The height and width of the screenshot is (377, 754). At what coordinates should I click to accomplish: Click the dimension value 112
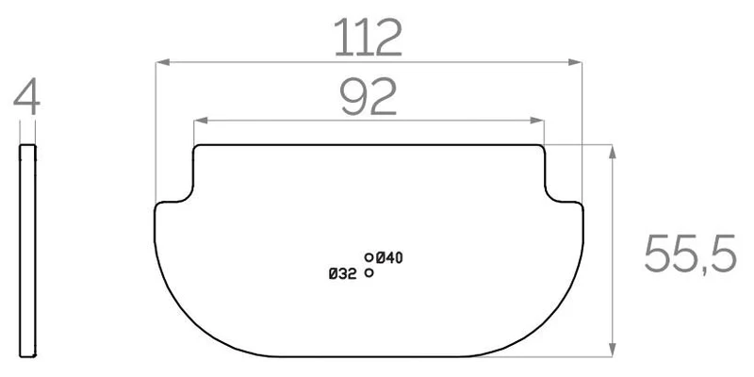[x=368, y=38]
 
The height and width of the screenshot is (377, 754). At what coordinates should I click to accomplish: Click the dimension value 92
[x=369, y=97]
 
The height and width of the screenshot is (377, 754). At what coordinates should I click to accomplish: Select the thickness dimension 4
[x=27, y=96]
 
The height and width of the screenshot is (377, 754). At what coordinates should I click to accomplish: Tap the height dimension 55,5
[x=690, y=254]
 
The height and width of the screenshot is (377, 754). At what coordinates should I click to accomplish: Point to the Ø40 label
[x=389, y=258]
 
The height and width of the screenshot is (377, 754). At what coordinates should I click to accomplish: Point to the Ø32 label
[x=343, y=274]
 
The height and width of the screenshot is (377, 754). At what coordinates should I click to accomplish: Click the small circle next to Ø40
[x=369, y=257]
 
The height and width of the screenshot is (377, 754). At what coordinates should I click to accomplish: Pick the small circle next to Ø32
[x=369, y=272]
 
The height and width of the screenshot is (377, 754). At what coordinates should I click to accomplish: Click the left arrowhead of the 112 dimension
[x=162, y=62]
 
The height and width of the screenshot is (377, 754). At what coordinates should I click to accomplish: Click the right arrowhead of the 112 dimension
[x=575, y=62]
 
